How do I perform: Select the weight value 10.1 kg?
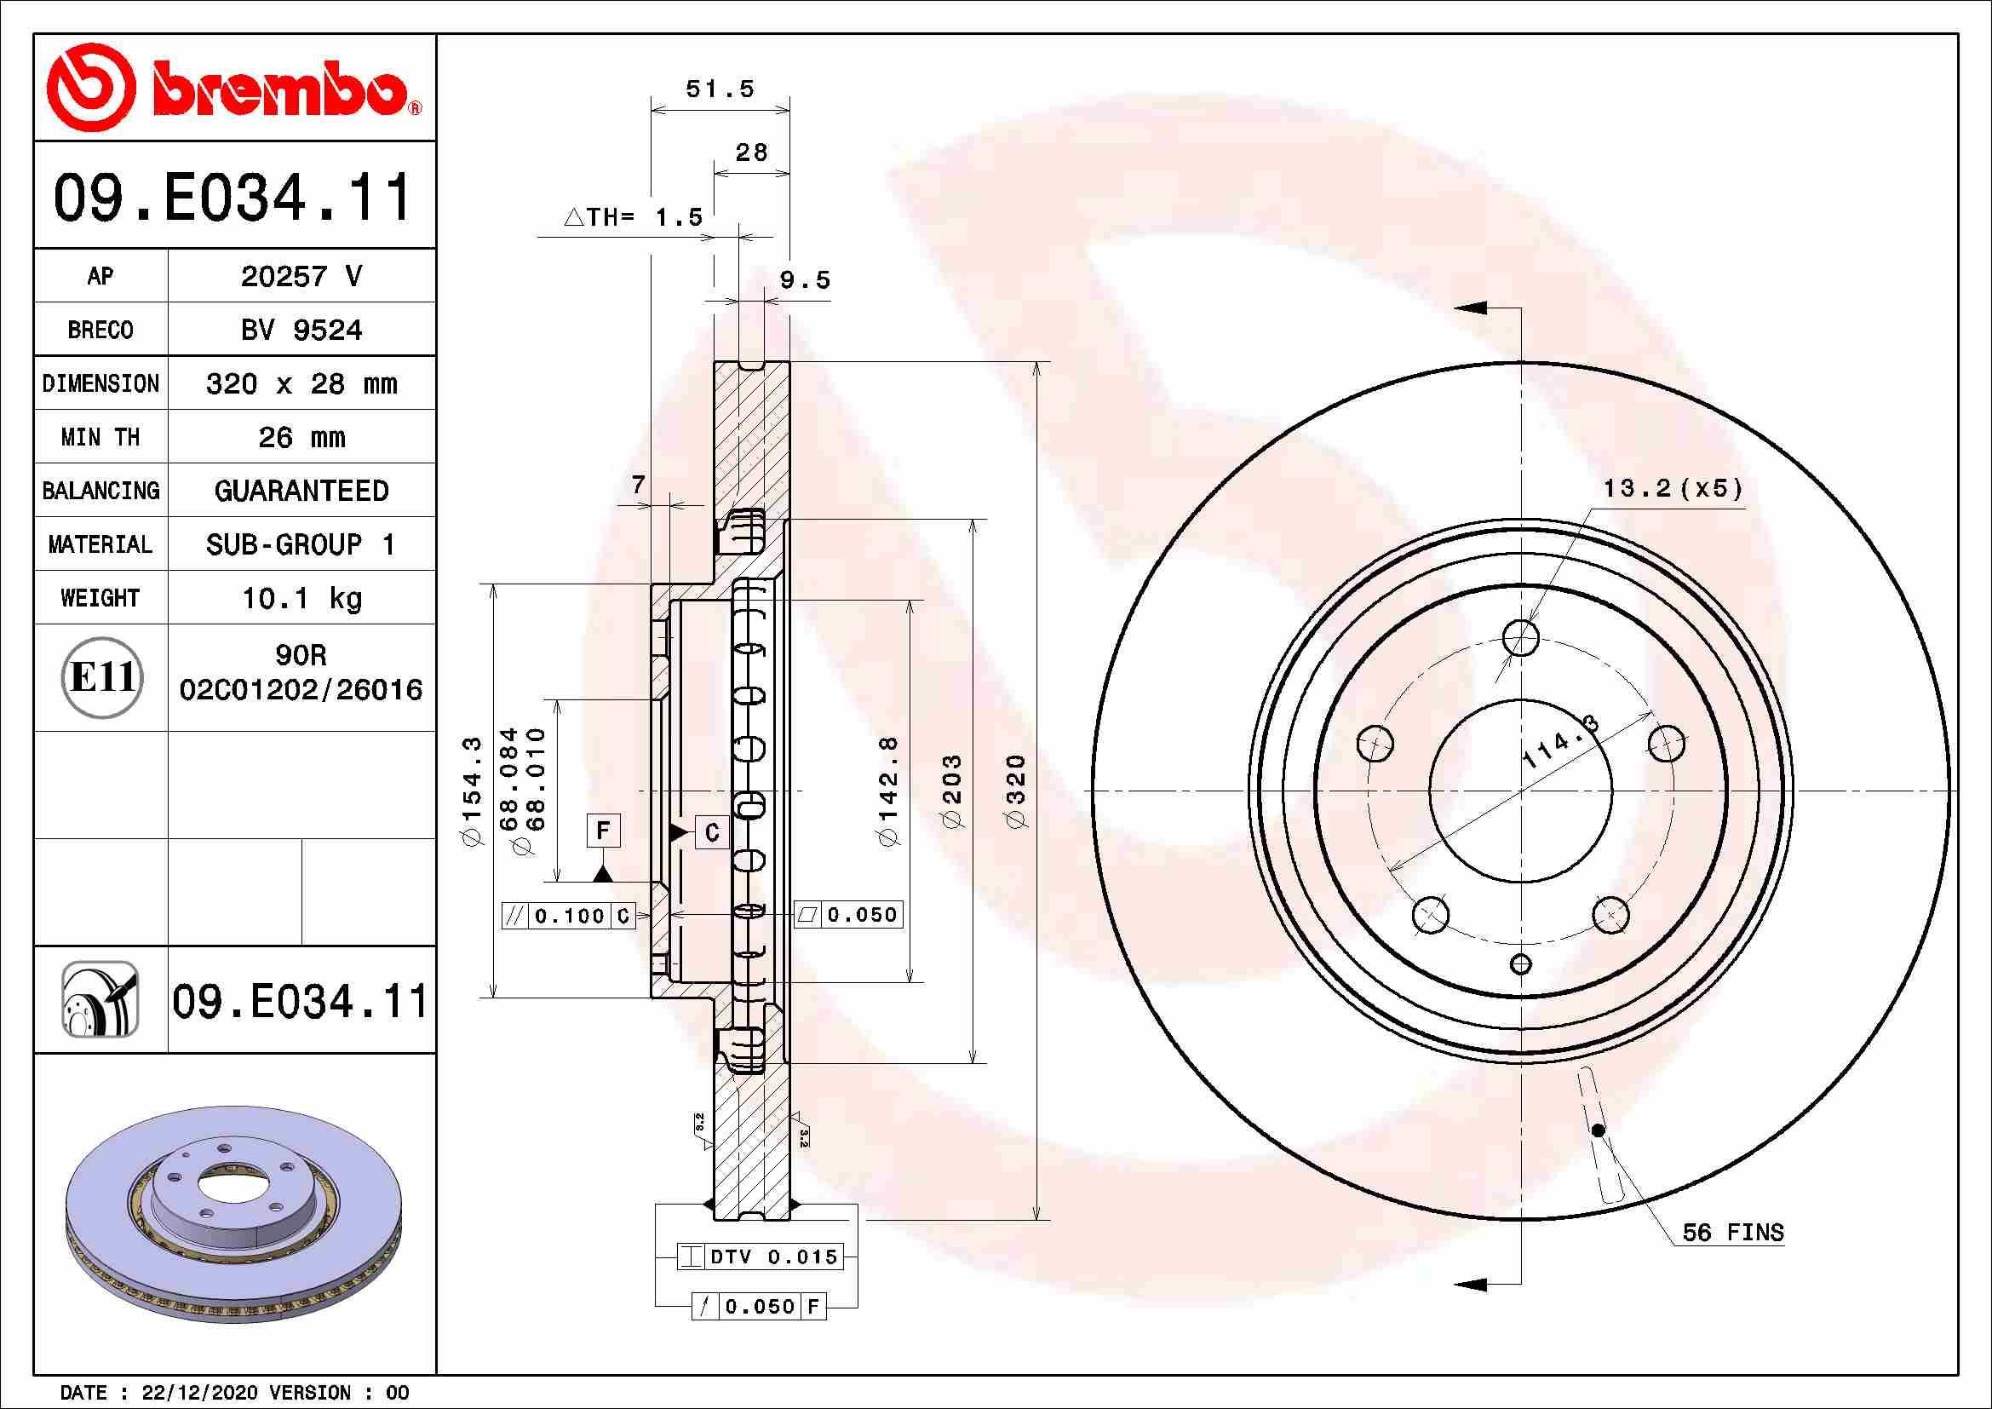click(x=301, y=598)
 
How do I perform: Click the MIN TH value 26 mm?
click(x=301, y=437)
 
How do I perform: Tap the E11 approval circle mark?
click(x=101, y=677)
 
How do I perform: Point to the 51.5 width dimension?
click(x=720, y=89)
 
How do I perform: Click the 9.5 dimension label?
click(x=804, y=280)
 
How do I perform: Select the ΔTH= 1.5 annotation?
click(x=634, y=217)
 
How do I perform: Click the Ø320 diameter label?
click(x=1015, y=791)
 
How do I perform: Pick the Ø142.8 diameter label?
click(x=889, y=791)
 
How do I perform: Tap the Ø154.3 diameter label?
click(x=471, y=791)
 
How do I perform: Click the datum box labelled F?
click(x=603, y=831)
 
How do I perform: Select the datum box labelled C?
click(x=711, y=833)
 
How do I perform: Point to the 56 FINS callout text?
click(x=1732, y=1232)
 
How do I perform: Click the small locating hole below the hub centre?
click(x=1521, y=964)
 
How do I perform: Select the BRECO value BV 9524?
click(x=301, y=330)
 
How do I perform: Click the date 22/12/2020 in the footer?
click(x=198, y=1393)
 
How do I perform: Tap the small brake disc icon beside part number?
click(x=100, y=999)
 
